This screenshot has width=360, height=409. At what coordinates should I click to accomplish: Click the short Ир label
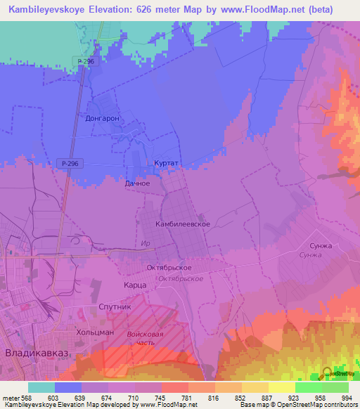[x=146, y=243]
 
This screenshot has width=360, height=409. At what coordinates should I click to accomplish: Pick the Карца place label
[x=134, y=285]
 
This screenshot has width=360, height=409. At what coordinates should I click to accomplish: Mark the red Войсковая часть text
[x=146, y=339]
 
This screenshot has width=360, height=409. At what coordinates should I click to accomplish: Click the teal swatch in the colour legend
[x=41, y=387]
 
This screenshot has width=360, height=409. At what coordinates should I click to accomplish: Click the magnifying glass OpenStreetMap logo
[x=328, y=373]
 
